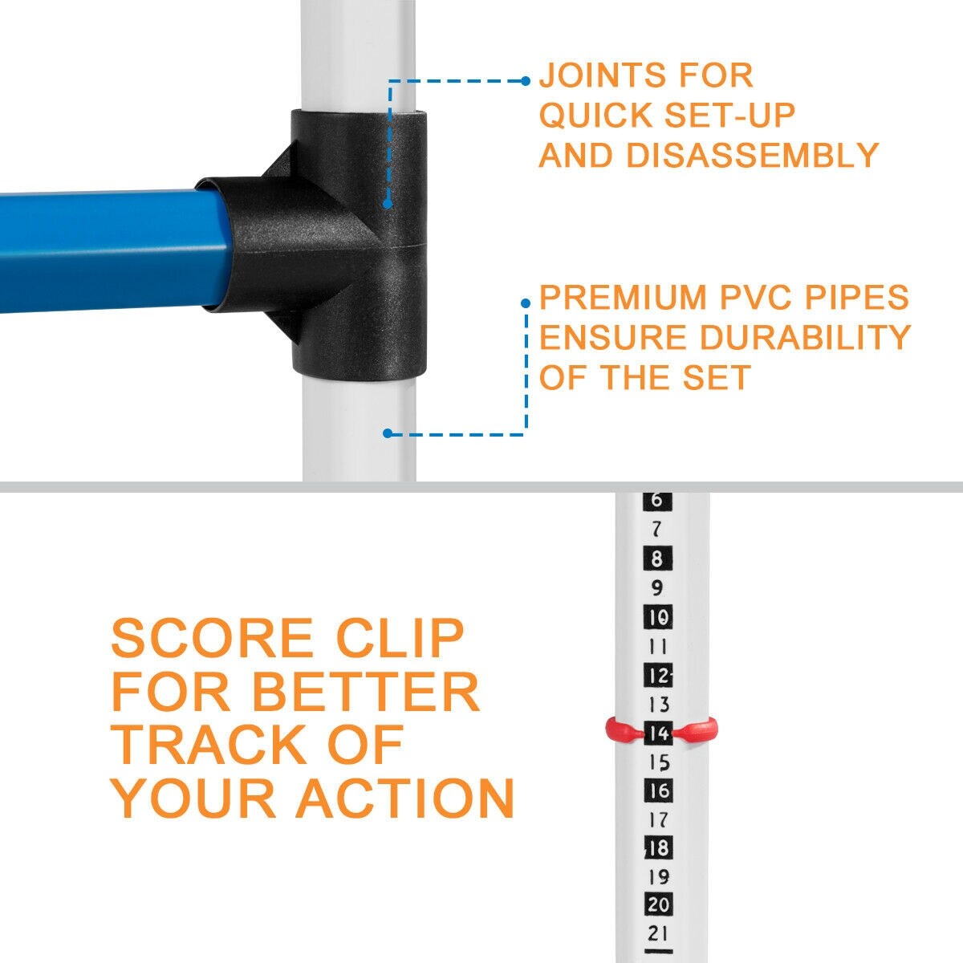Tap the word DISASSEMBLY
coord(752,155)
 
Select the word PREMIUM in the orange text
coord(624,297)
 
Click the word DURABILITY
coord(806,337)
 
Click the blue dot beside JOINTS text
coord(525,81)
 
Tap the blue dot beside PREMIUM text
coord(525,303)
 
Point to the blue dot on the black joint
coord(388,204)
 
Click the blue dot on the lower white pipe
coord(388,433)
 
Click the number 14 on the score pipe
coord(658,733)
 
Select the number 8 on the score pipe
coord(657,559)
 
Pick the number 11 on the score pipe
coord(658,647)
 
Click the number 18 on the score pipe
coord(658,848)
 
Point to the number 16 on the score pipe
coord(658,790)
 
